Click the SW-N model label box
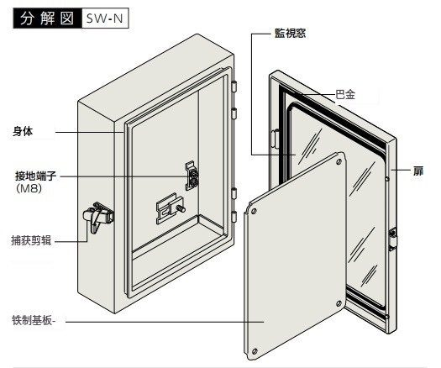(x=105, y=18)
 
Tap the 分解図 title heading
(x=47, y=18)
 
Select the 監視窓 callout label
(x=290, y=34)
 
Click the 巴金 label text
(x=345, y=95)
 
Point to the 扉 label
(x=418, y=171)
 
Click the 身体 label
(x=23, y=131)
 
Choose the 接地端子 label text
(x=36, y=176)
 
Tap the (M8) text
(x=29, y=188)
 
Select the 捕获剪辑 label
(x=31, y=240)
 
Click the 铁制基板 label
(x=34, y=320)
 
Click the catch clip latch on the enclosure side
(x=98, y=217)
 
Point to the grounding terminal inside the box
(x=192, y=176)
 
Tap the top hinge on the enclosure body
(x=234, y=87)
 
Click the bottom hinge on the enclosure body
(x=234, y=216)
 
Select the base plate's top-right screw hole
(x=339, y=161)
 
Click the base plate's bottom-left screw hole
(x=255, y=351)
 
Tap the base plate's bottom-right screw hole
(x=339, y=303)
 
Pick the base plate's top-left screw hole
(x=254, y=211)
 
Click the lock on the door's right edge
(x=392, y=239)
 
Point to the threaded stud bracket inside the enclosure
(x=171, y=208)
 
